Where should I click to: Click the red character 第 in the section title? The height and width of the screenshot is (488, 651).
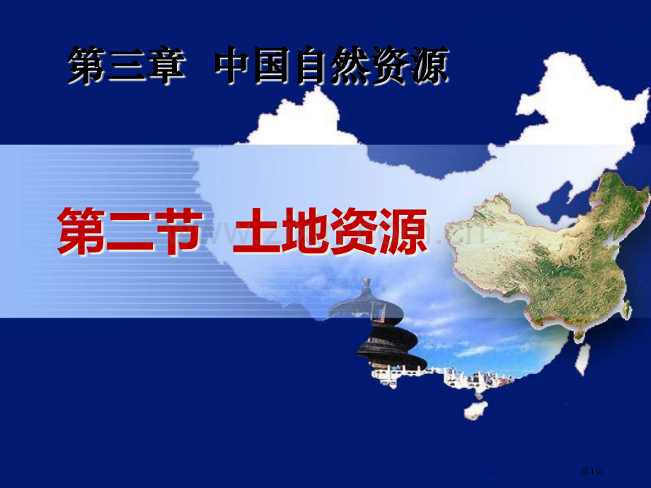[80, 232]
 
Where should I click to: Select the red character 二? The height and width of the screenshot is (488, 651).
[128, 232]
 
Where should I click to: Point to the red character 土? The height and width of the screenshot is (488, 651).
[258, 232]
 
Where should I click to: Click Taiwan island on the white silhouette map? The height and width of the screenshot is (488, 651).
[581, 358]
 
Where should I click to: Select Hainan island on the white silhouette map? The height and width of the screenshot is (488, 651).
[473, 411]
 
